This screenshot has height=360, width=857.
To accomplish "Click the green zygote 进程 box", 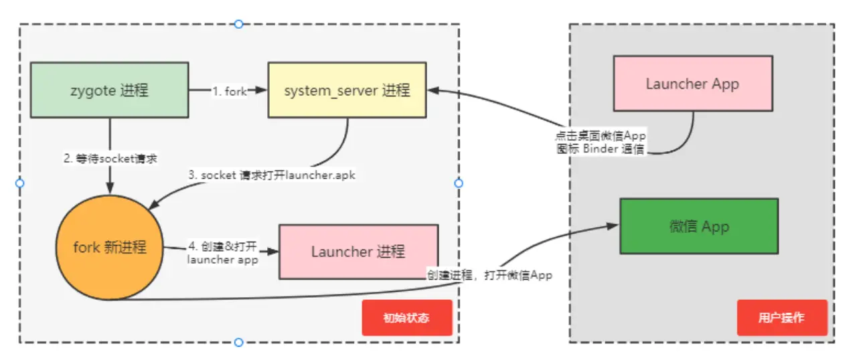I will click(109, 90).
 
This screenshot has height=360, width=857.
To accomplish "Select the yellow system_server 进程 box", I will click(347, 90).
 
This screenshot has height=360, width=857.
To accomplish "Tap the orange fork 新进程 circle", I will click(110, 247).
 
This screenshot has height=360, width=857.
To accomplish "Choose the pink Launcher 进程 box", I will click(358, 252).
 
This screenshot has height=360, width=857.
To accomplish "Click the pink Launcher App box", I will click(692, 84).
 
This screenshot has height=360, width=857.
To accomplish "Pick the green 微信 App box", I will click(699, 226).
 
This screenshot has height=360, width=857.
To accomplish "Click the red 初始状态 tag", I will click(406, 317).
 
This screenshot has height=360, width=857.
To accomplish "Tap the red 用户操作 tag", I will click(781, 317).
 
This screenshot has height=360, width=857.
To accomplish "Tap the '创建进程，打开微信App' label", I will click(489, 274).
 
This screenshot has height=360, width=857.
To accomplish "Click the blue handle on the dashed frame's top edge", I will click(238, 24).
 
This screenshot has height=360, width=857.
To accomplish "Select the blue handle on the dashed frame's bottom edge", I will click(238, 343).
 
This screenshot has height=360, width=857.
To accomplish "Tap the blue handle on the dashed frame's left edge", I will click(19, 183).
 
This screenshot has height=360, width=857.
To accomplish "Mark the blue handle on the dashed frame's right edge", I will click(459, 183).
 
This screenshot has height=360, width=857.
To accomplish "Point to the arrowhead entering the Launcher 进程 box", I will click(273, 252).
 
